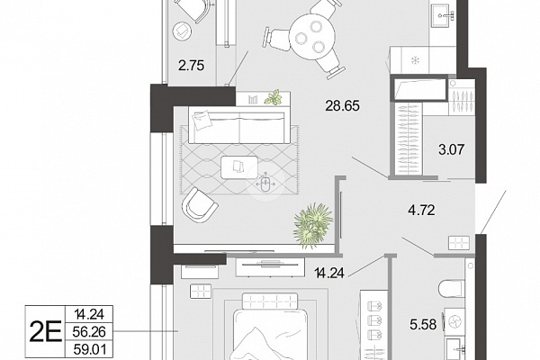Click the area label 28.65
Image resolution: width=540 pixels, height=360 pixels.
coord(342,106)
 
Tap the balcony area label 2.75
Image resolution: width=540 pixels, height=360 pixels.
coord(191,65)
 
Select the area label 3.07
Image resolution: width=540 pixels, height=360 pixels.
coord(452,149)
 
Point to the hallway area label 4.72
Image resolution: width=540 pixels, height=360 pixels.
coord(421,210)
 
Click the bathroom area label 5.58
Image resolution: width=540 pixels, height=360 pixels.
coord(423,324)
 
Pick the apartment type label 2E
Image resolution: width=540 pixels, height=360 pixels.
coord(46,331)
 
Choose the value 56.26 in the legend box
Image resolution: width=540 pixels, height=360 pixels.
coord(89,332)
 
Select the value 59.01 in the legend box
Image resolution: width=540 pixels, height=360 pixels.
coord(89,350)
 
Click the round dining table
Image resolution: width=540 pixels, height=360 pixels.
coord(312,36)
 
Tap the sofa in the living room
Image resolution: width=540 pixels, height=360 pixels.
coord(238,125)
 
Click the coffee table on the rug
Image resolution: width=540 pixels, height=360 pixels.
coord(239,167)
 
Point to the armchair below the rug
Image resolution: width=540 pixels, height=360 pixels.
coord(199,206)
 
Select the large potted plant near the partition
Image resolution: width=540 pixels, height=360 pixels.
coord(312,225)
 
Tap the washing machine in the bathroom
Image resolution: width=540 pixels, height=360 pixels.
coord(454,323)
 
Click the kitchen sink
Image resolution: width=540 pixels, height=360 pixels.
coord(443,14)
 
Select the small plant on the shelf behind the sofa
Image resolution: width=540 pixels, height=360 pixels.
coord(273,97)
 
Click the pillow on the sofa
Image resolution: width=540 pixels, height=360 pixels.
coord(202,121)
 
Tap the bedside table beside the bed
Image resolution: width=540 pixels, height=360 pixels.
coord(200,291)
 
